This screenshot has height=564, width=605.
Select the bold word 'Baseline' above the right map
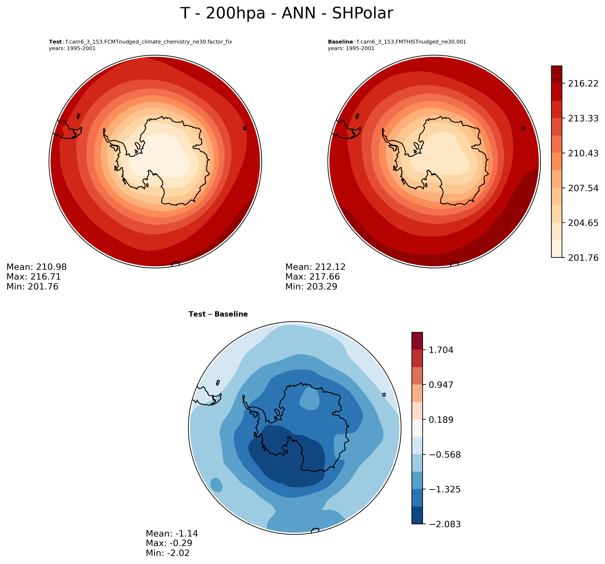pyautogui.click(x=340, y=42)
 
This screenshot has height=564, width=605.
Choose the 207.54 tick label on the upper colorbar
pyautogui.click(x=583, y=188)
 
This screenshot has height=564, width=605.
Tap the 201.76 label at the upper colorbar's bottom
pyautogui.click(x=583, y=258)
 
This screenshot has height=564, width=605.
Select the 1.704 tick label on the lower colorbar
pyautogui.click(x=441, y=350)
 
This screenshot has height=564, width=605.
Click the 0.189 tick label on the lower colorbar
pyautogui.click(x=441, y=420)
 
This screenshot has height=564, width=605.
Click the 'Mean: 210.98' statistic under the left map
pyautogui.click(x=37, y=267)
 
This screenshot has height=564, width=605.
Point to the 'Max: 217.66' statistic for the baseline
pyautogui.click(x=312, y=277)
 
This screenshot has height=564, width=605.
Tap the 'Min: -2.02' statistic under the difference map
pyautogui.click(x=167, y=553)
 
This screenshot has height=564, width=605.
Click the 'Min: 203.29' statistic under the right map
pyautogui.click(x=311, y=286)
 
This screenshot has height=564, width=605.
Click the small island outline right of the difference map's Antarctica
pyautogui.click(x=384, y=394)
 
